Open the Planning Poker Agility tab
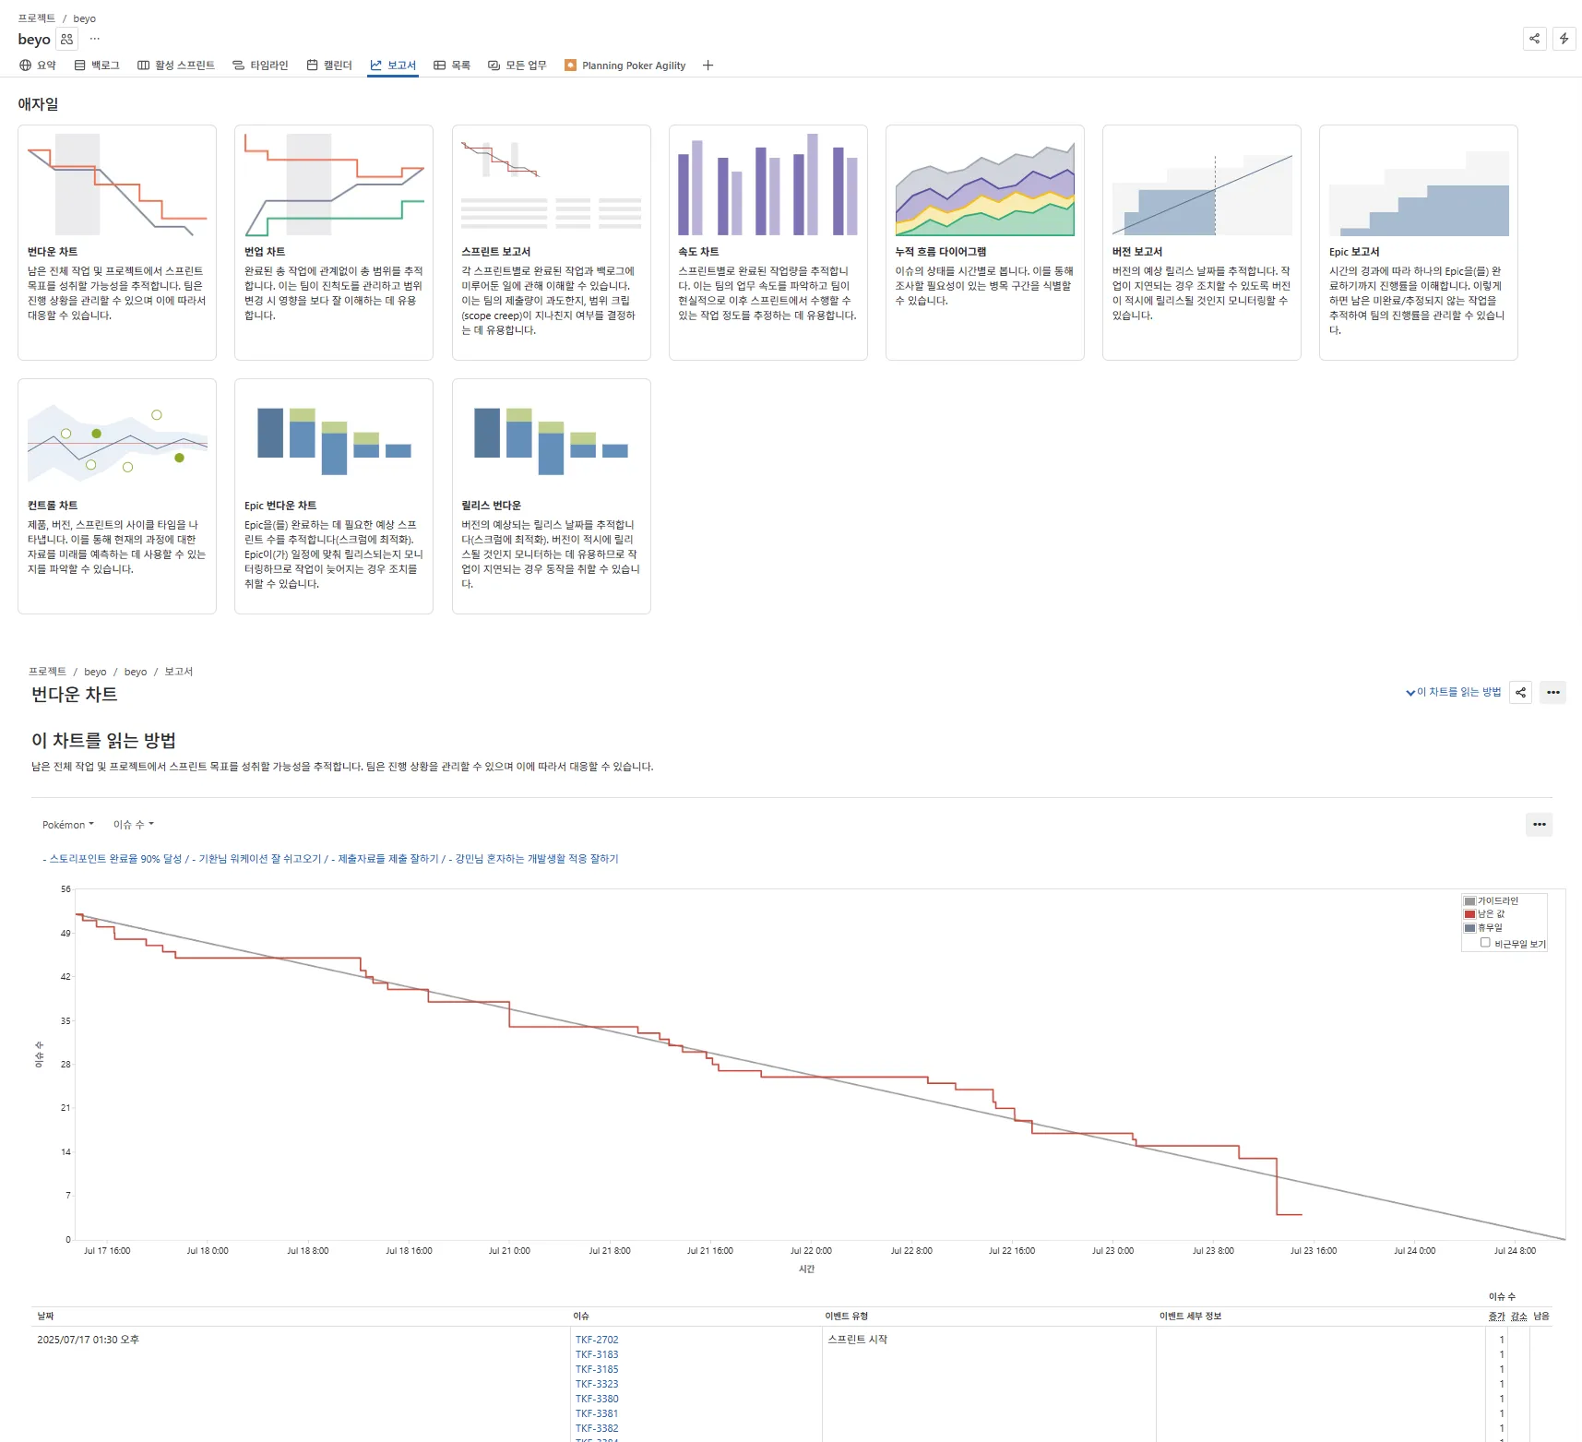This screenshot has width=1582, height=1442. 633,66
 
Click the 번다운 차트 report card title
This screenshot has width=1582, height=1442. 53,252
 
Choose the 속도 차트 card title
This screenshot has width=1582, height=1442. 698,252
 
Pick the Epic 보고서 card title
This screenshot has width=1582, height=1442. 1353,252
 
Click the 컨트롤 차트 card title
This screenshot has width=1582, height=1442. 53,506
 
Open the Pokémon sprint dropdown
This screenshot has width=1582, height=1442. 67,825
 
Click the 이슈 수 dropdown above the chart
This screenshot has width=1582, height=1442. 133,825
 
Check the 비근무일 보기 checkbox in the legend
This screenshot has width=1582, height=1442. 1485,943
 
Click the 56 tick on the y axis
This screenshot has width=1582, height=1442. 65,889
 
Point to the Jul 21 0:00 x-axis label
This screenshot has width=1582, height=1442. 509,1251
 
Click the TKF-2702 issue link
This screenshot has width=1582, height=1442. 597,1340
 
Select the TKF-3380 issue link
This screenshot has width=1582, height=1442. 597,1399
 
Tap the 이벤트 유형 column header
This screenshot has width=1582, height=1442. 846,1317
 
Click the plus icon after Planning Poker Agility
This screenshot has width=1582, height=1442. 708,66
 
